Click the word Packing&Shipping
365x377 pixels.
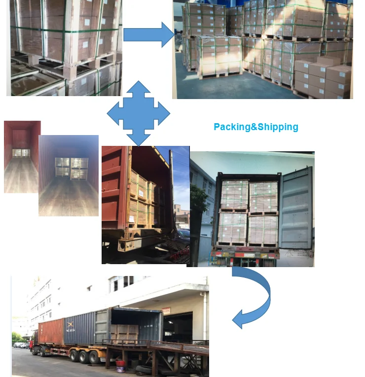[255, 127]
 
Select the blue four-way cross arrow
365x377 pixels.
[139, 114]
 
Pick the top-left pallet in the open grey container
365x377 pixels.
[234, 195]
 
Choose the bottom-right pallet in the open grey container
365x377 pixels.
[263, 229]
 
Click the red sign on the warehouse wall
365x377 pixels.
[167, 311]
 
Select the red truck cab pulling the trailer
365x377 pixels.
[34, 342]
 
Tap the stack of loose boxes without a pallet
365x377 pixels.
[323, 76]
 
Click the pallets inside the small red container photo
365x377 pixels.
[21, 152]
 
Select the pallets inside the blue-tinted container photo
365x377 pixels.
[69, 167]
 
